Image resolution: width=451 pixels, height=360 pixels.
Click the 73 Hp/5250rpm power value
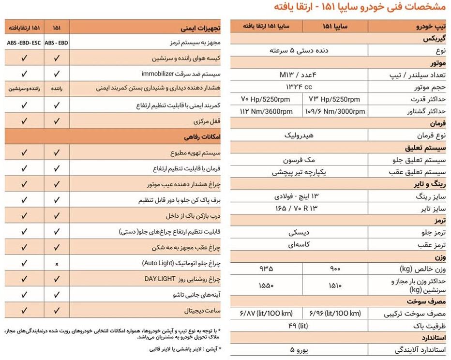pos(334,100)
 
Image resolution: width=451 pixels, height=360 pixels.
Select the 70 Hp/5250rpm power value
pos(266,100)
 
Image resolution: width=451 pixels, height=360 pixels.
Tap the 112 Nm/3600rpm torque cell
pos(266,111)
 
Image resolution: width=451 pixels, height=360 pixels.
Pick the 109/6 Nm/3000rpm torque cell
pos(334,111)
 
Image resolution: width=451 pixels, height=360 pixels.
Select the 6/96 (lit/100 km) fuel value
pos(334,313)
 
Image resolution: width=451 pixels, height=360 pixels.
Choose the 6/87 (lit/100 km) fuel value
pos(266,313)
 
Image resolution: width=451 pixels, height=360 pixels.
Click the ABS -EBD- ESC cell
pos(24,43)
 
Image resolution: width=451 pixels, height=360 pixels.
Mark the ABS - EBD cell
pos(57,43)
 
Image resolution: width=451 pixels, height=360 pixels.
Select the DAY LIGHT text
pos(161,279)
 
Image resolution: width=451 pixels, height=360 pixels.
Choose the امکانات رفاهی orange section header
pos(204,137)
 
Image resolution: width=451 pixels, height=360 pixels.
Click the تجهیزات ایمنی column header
pos(204,27)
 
